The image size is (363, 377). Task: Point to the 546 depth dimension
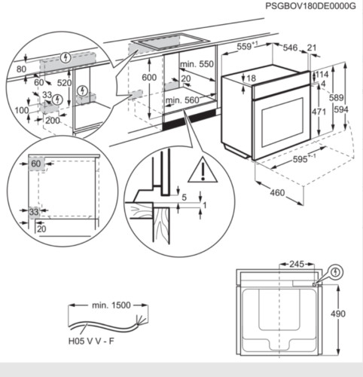tap(290, 48)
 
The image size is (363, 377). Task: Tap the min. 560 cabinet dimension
tap(181, 100)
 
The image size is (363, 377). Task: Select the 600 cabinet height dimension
tap(150, 78)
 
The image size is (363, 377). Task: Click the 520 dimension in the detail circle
tap(65, 83)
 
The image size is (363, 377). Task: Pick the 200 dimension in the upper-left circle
tap(52, 120)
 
